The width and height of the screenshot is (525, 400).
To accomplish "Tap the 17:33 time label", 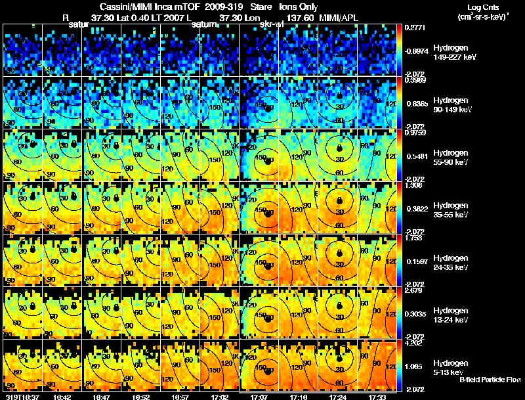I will point(377,396).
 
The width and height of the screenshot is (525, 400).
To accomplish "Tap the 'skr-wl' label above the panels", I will point(272,24).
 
